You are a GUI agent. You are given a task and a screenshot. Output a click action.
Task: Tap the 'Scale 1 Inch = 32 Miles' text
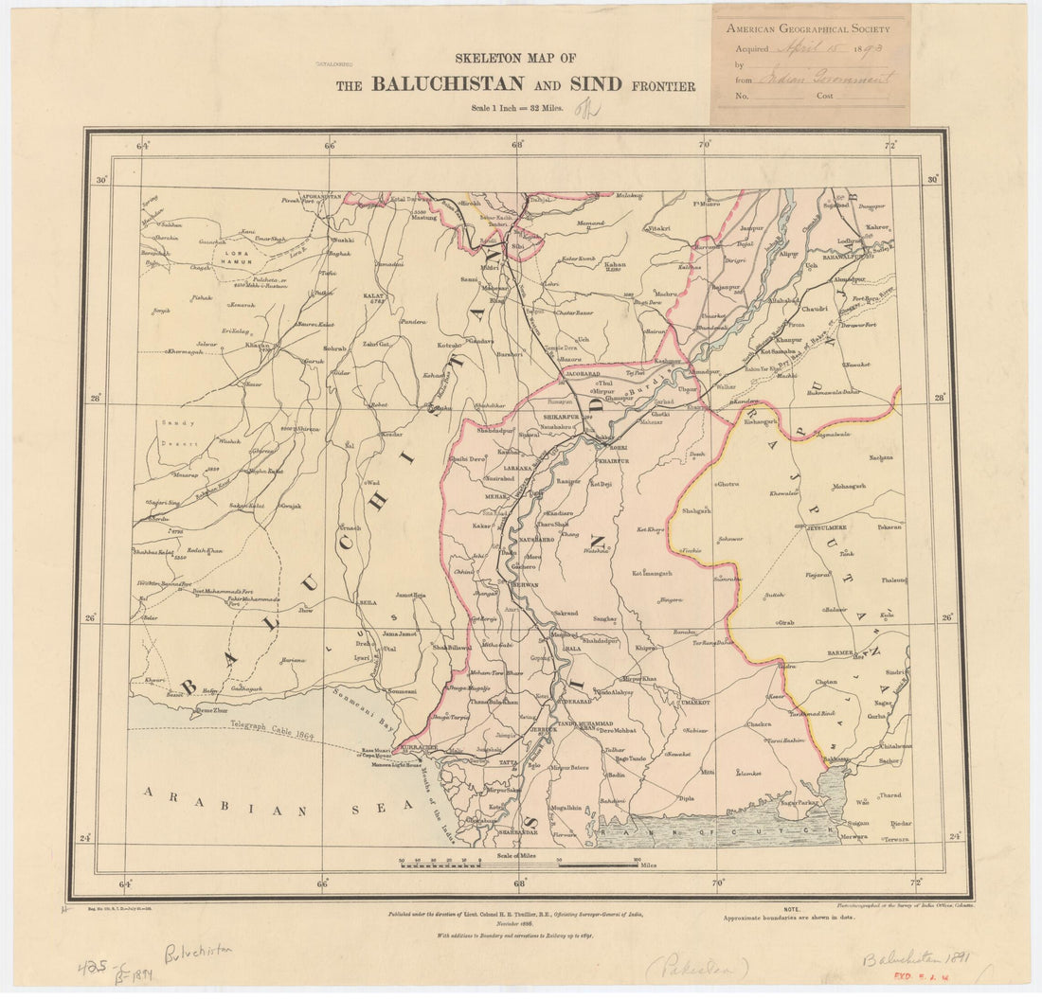click(x=517, y=108)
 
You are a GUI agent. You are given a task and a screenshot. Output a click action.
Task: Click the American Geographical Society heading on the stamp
click(x=811, y=28)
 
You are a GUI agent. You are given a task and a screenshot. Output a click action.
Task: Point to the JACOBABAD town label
click(x=584, y=375)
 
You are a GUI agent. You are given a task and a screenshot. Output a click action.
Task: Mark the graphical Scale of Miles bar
click(x=519, y=865)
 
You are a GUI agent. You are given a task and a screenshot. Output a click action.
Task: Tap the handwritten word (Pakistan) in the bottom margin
click(x=696, y=967)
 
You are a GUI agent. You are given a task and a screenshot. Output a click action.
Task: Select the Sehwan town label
click(x=525, y=585)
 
